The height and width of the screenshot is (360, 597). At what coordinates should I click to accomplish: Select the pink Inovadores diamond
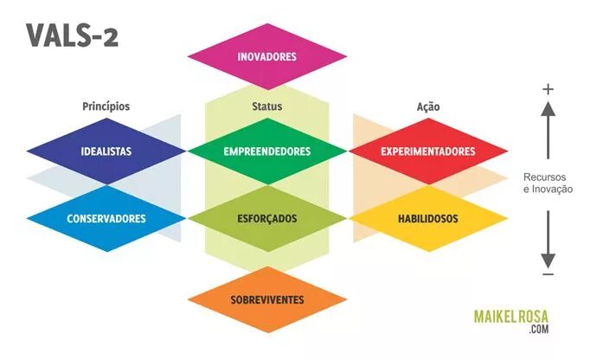click(266, 57)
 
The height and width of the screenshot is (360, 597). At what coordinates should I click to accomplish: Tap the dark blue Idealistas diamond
click(106, 151)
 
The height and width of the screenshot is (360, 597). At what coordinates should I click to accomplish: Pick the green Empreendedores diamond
click(266, 151)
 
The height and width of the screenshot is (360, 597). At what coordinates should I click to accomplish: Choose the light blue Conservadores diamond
click(106, 218)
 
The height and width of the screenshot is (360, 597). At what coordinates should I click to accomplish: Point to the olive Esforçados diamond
click(266, 218)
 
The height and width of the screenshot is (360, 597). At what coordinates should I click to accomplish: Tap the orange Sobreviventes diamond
click(266, 299)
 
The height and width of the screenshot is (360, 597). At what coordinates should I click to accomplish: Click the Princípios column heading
click(106, 106)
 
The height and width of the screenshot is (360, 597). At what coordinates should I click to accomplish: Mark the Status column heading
click(266, 106)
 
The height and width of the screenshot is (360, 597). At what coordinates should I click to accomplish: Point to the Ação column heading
click(428, 106)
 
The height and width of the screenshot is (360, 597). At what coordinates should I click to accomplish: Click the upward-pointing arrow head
click(548, 109)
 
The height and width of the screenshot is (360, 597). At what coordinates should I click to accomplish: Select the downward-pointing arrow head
click(548, 259)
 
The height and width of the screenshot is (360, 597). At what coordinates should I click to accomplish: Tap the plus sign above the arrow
click(548, 89)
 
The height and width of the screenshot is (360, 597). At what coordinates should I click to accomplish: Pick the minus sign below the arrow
click(548, 275)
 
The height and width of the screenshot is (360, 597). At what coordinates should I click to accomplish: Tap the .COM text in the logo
click(539, 330)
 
